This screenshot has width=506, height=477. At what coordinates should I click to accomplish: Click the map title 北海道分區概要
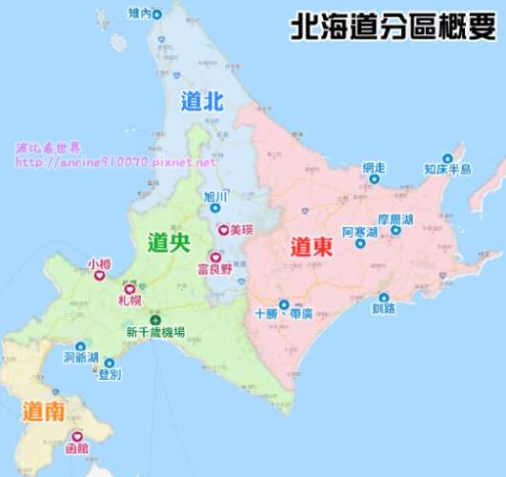tap(394, 27)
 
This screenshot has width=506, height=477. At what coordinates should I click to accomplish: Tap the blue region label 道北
tap(201, 100)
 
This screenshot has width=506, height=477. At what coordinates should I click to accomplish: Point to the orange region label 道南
tap(44, 412)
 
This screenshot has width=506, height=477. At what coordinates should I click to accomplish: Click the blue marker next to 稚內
tap(157, 13)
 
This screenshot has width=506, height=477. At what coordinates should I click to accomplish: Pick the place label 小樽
tap(98, 262)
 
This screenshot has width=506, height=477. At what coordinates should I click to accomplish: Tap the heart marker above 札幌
tap(130, 288)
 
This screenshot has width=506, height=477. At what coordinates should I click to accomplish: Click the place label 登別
tap(110, 375)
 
